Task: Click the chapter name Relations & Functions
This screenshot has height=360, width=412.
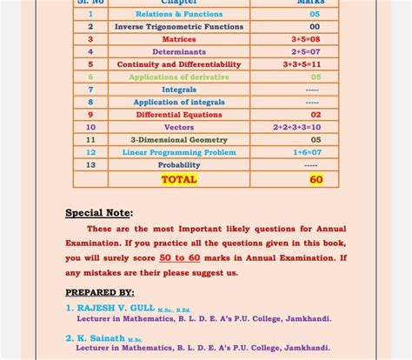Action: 179,15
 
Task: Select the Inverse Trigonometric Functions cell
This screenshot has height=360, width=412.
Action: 179,27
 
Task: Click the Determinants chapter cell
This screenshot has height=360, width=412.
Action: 179,52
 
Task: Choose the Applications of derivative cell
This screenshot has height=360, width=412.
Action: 179,77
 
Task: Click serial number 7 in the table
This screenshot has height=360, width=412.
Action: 90,90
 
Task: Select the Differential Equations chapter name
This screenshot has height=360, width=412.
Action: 179,115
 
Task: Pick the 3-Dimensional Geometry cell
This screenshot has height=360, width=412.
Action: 179,140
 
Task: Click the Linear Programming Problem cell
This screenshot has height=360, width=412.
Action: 179,152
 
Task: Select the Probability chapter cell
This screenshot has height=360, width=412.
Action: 179,164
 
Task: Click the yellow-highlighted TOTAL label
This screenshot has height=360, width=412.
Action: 179,180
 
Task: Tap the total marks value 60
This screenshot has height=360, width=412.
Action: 316,180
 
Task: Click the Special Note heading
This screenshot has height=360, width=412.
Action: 99,213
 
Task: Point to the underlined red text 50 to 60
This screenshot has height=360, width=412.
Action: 179,258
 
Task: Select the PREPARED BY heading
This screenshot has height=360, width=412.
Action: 100,293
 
